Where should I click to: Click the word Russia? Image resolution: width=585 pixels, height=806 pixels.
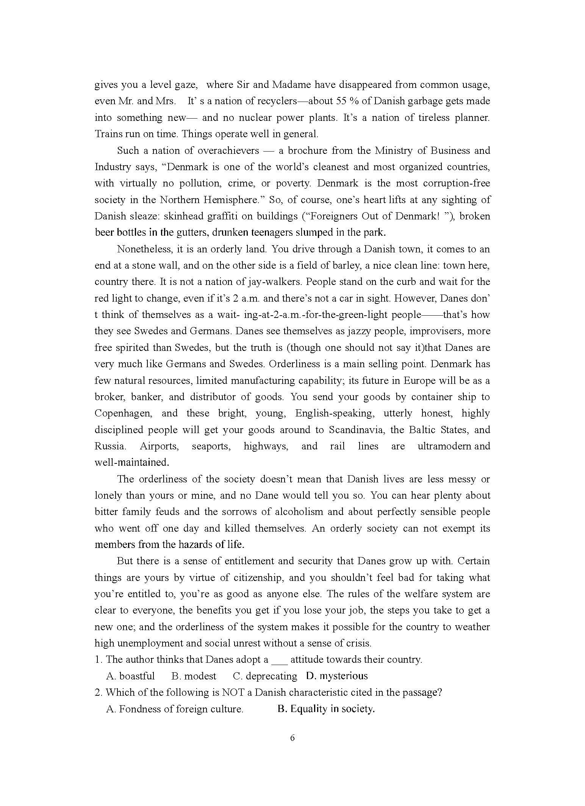(109, 446)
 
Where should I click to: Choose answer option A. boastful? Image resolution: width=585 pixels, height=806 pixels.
(131, 676)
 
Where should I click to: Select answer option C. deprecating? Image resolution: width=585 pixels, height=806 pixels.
(265, 676)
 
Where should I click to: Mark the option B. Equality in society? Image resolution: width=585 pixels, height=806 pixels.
(326, 709)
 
